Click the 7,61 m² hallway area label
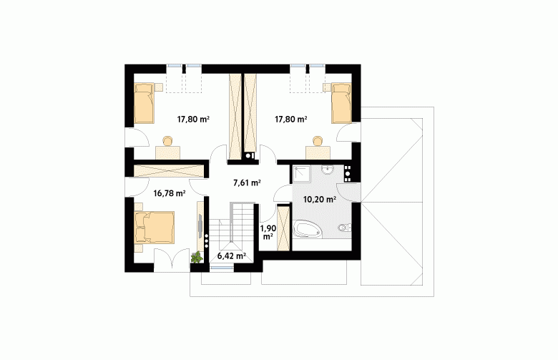247,183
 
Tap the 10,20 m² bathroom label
320,200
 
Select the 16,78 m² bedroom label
170,193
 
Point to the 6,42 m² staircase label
232,256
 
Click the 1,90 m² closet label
268,232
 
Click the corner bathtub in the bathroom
308,228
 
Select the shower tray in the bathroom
301,174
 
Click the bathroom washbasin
327,170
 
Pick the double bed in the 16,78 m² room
155,228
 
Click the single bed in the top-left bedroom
144,103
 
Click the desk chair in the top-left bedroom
167,141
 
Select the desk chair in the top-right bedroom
318,141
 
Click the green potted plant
197,257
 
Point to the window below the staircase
221,268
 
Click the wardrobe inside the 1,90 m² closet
284,228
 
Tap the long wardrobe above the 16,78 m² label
169,170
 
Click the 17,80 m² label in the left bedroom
193,120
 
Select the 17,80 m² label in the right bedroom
291,120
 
